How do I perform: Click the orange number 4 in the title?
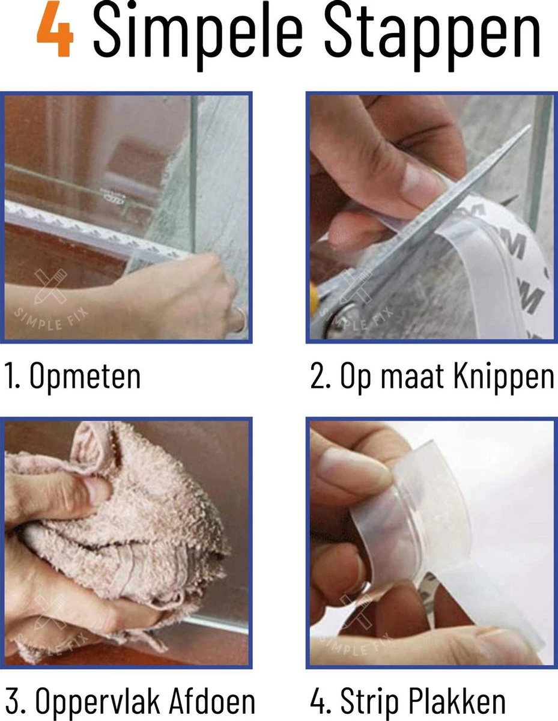pos(55,34)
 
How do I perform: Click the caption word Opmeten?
pos(85,376)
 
